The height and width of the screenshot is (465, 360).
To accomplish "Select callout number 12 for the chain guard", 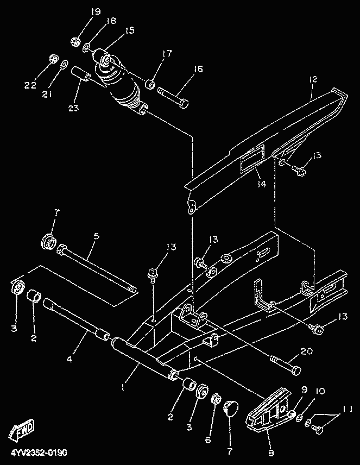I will [x=312, y=80].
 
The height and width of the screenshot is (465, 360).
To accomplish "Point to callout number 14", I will [x=262, y=184].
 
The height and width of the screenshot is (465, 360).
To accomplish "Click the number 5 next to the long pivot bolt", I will [x=96, y=237].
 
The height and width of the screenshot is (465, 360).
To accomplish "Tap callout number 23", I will [x=73, y=108].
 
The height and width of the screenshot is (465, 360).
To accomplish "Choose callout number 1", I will [x=124, y=388].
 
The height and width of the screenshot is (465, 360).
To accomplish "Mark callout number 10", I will [x=320, y=391].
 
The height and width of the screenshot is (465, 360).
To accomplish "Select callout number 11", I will [x=347, y=409].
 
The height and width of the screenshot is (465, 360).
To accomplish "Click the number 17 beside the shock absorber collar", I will [x=166, y=53].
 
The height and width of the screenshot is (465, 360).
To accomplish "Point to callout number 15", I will [x=129, y=31].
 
